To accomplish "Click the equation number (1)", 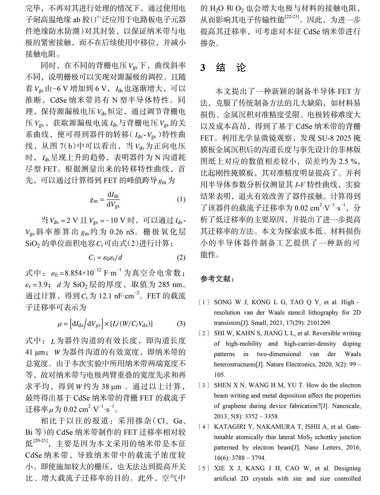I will coord(181,200).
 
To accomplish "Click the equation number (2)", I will coord(181,257).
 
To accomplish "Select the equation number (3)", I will coord(181,323).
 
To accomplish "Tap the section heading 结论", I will coord(231,68).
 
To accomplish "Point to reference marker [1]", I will coord(204,302).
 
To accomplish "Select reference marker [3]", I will coord(204,385).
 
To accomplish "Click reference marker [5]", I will coord(204,468).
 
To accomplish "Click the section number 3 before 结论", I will coord(203,68).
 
